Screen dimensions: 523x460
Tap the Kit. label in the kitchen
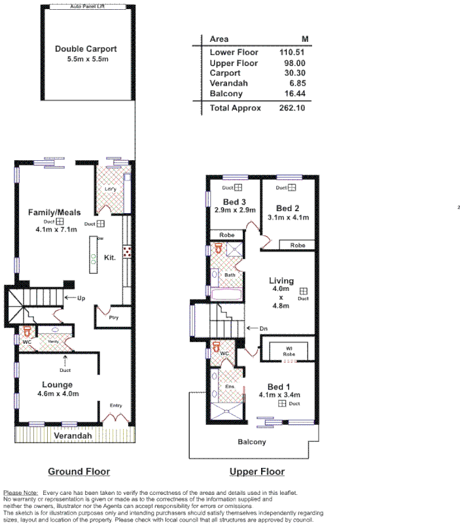click(x=110, y=258)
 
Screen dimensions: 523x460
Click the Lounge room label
click(x=58, y=384)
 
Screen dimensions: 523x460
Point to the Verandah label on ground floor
click(x=72, y=435)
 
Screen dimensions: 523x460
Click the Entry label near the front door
click(x=116, y=406)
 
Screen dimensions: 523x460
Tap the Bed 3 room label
click(x=234, y=201)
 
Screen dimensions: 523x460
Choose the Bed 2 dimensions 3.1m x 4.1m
click(x=288, y=217)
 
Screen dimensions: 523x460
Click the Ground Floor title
click(x=79, y=471)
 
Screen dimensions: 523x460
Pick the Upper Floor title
click(x=257, y=471)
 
